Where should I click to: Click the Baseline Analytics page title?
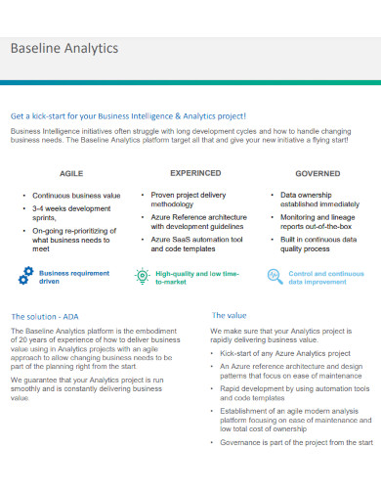point(63,48)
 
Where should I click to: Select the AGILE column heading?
point(71,172)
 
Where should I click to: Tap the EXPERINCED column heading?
point(195,172)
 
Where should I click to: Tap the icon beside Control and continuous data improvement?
point(275,277)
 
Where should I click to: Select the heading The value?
point(231,315)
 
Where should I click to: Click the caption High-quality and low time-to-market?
point(198,278)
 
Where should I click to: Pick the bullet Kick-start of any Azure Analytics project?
point(285,352)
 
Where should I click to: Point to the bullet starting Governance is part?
point(296,442)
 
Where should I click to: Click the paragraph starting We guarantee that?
point(87,388)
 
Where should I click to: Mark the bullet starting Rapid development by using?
point(294,392)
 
